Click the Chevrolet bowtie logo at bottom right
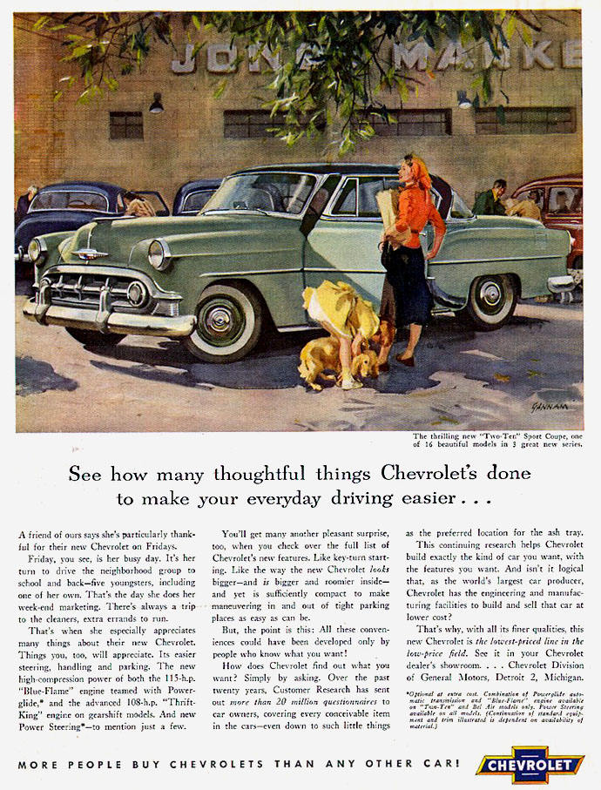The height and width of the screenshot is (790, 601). pyautogui.click(x=529, y=765)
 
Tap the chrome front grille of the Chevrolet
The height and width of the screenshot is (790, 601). pyautogui.click(x=83, y=289)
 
